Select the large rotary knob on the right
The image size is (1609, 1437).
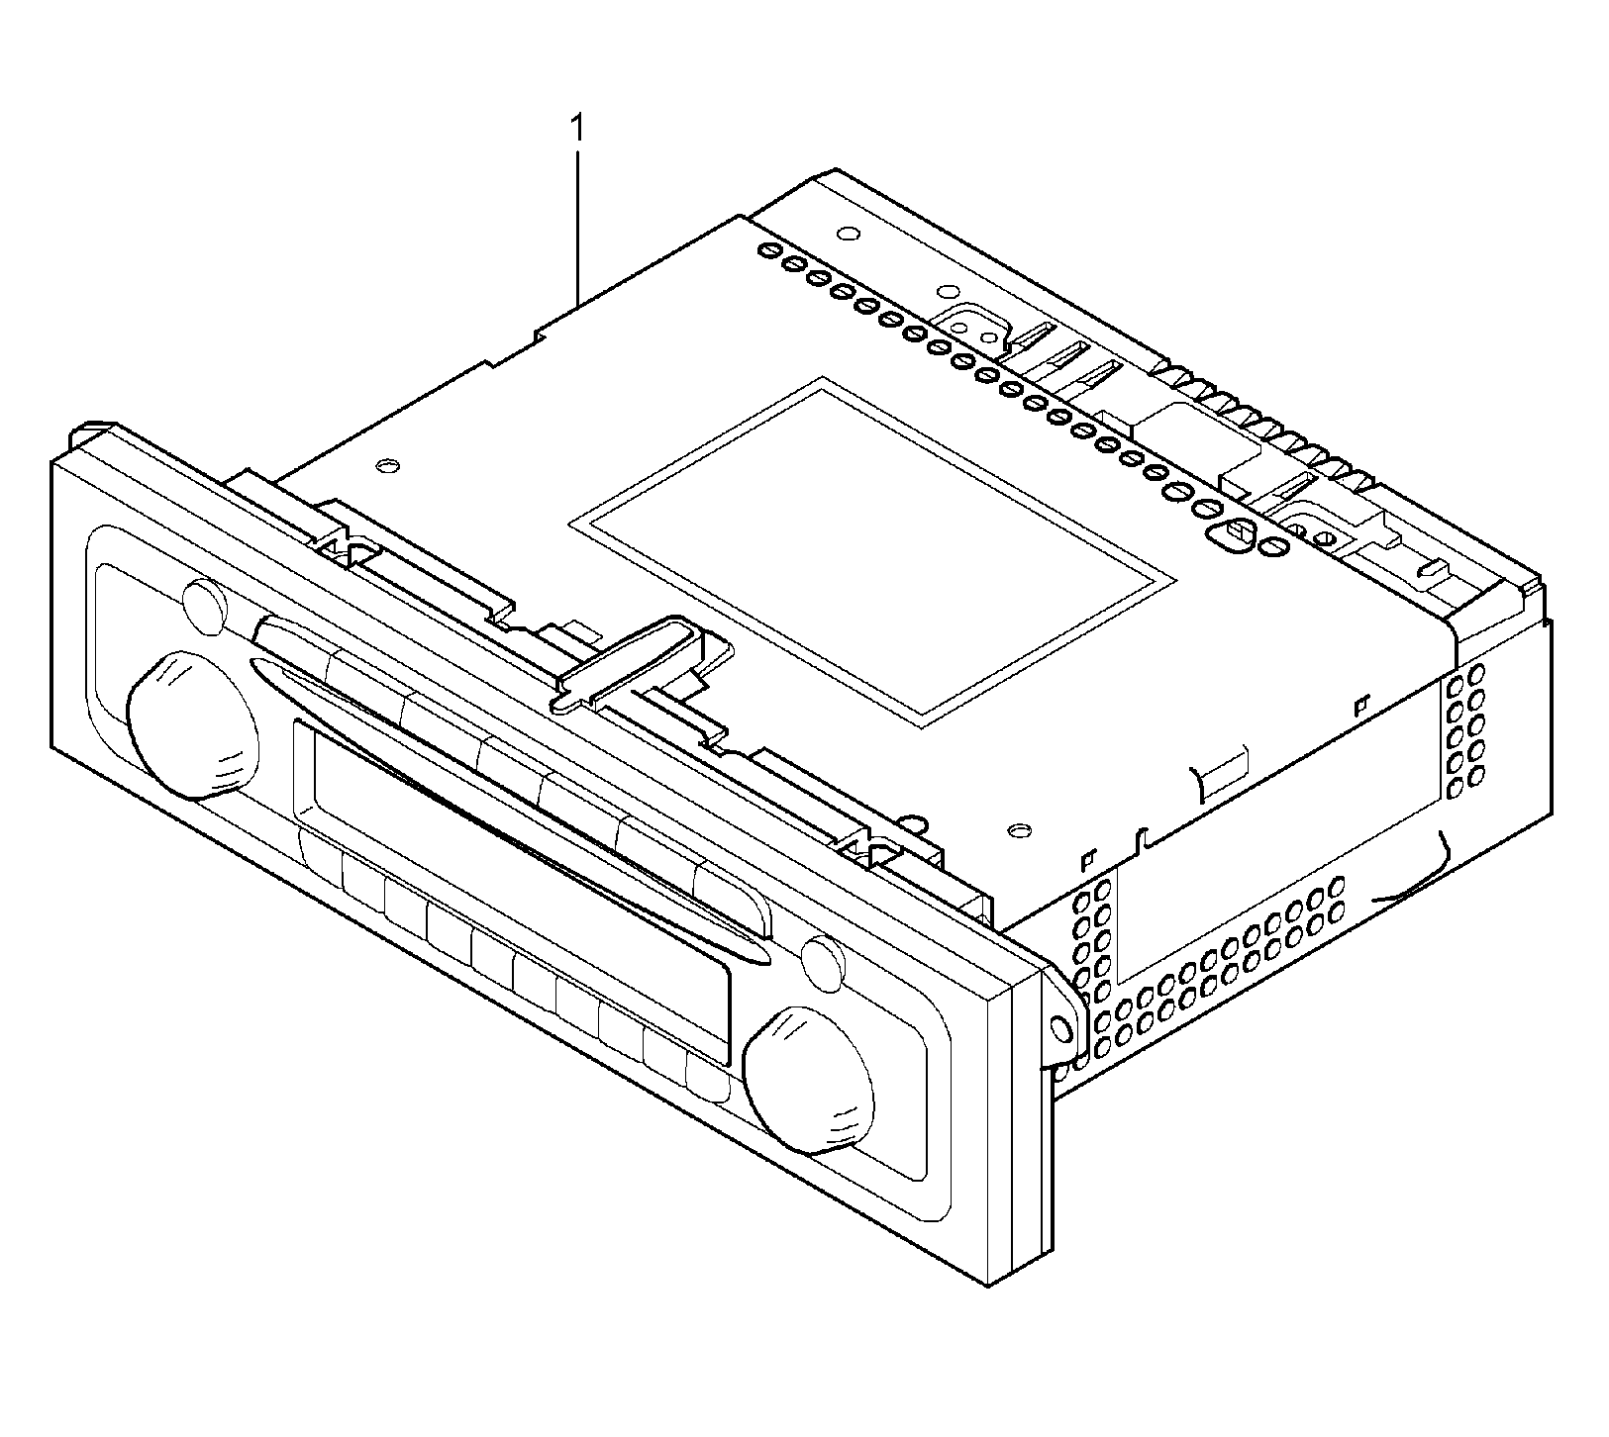coord(810,1079)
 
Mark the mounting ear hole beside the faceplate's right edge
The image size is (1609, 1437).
coord(1064,1029)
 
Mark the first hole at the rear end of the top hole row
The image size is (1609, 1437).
coord(767,252)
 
